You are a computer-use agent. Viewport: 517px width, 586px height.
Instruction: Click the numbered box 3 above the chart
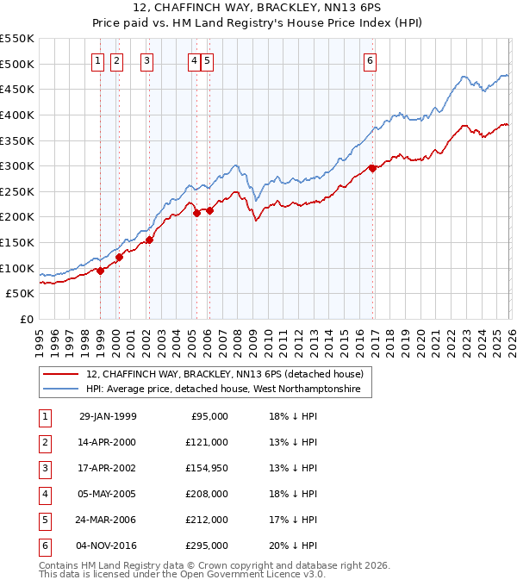point(147,60)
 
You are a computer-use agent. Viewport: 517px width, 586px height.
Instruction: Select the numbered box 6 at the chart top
point(370,60)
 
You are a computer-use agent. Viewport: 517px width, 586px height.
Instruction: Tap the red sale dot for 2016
point(372,169)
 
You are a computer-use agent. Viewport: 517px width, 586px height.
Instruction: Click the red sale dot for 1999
point(100,271)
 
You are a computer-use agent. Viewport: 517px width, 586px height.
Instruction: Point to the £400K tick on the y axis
point(17,115)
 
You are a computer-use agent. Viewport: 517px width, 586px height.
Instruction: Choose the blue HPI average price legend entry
point(228,390)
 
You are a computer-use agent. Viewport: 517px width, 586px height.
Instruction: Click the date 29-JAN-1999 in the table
point(108,416)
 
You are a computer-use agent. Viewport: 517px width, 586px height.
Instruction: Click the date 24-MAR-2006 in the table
point(108,520)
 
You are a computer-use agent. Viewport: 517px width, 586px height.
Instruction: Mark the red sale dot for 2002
point(149,240)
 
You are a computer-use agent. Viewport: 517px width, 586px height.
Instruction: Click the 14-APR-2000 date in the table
point(108,442)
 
